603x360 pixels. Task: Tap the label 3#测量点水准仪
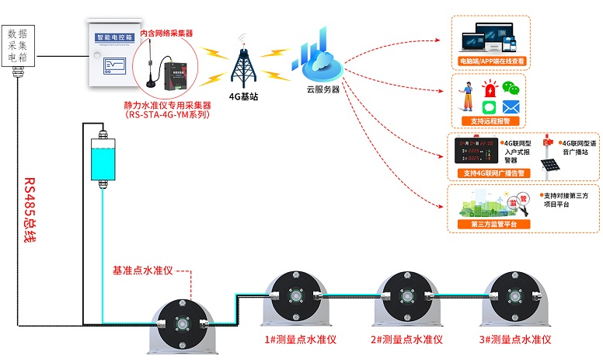click(515, 340)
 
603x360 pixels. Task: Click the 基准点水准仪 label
click(143, 271)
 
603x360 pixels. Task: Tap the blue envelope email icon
click(510, 107)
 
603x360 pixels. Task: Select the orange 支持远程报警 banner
click(490, 121)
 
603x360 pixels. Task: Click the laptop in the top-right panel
click(476, 39)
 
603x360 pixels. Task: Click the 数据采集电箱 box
click(22, 46)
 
